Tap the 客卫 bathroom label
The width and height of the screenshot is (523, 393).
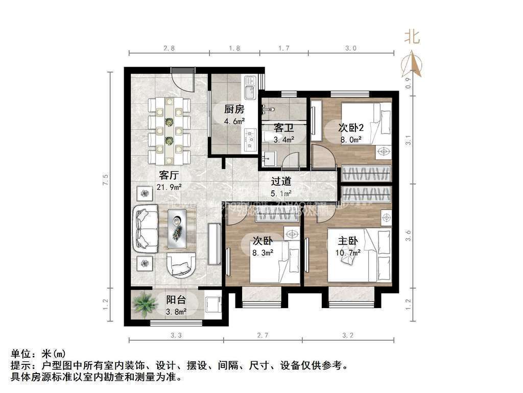[282, 127]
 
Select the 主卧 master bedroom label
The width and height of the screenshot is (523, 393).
[349, 241]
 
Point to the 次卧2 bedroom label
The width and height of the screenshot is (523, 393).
[351, 127]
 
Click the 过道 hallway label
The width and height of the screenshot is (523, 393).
[280, 181]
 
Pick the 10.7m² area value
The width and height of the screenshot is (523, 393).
[349, 252]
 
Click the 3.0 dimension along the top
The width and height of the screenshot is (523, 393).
[350, 49]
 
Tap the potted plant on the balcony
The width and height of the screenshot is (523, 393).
[144, 304]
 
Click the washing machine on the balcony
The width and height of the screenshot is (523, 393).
[211, 305]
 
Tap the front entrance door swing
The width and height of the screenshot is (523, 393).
[181, 81]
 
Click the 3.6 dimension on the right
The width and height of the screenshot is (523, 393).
[408, 237]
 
